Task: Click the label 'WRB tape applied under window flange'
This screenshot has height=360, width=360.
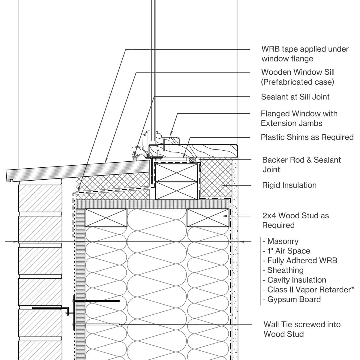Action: point(304,54)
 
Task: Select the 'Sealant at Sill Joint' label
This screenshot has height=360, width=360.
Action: point(295,97)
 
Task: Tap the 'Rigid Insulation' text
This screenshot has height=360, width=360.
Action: point(289,185)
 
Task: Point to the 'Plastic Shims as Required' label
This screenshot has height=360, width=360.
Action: point(307,137)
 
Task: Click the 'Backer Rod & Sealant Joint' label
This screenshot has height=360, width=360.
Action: point(301,164)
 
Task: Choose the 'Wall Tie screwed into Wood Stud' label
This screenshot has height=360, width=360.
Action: point(302,329)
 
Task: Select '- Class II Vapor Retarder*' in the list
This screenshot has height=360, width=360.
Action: point(308,289)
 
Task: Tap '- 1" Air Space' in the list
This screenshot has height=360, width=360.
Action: point(286,251)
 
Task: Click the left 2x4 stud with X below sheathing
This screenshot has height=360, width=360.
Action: point(106,218)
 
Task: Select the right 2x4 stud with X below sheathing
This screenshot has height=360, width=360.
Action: point(208,218)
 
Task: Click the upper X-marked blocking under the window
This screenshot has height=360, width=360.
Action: point(176,172)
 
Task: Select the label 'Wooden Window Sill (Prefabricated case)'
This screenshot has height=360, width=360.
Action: point(298,77)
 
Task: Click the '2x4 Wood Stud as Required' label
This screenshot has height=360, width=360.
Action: point(295,220)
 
